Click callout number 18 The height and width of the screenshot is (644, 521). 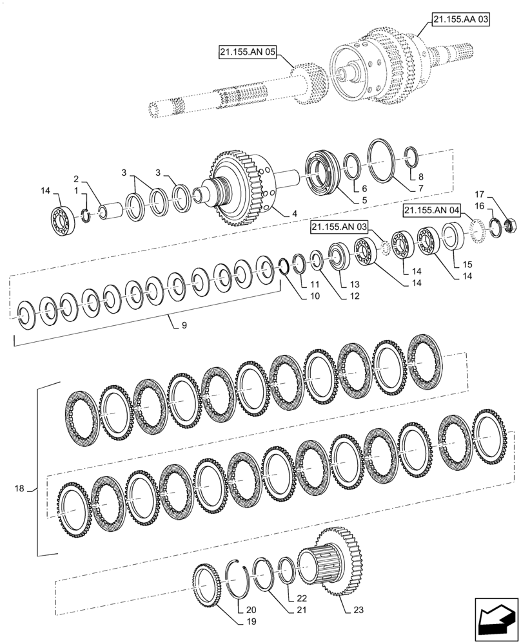tap(19, 489)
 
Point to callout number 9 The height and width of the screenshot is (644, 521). tap(184, 327)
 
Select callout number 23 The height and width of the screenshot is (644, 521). tap(359, 608)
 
